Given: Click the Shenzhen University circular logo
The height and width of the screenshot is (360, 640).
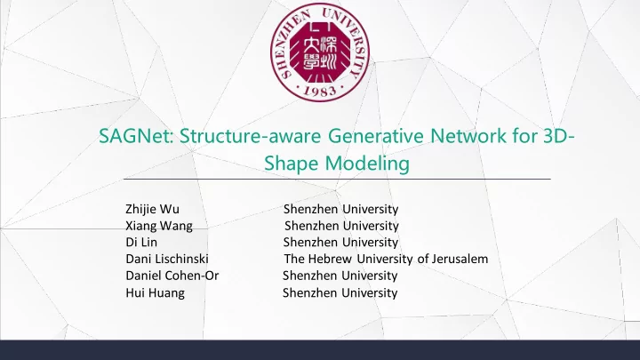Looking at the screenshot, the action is click(x=320, y=52).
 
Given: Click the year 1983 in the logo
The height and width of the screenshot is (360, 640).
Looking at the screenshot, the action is click(x=320, y=91).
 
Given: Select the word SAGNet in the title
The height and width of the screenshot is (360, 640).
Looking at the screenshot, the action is click(x=136, y=135).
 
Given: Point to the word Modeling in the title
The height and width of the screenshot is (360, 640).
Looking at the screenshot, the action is click(x=367, y=164).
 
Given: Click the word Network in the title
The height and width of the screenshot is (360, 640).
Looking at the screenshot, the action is click(x=468, y=135).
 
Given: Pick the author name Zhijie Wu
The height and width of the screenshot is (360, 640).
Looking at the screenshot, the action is click(x=152, y=210).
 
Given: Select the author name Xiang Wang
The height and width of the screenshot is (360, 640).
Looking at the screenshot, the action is click(x=159, y=226).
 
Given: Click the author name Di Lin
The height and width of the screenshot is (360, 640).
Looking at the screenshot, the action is click(x=141, y=243).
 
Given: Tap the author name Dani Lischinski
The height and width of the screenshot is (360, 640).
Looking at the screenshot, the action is click(x=167, y=259).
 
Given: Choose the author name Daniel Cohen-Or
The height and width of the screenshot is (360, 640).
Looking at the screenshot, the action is click(x=172, y=276).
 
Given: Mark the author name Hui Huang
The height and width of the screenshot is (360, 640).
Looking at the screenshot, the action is click(x=155, y=293).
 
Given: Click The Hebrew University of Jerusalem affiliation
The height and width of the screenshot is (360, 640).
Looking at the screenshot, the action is click(x=386, y=259).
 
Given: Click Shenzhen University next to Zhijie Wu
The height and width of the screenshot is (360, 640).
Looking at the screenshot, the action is click(x=340, y=210).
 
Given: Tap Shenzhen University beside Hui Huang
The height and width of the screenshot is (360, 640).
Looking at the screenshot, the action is click(x=340, y=293).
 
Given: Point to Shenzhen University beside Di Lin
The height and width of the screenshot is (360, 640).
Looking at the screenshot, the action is click(x=340, y=243).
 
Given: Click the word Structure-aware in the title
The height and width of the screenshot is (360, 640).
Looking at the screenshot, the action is click(x=250, y=135).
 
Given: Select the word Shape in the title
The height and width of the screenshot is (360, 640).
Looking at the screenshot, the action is click(x=291, y=164).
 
